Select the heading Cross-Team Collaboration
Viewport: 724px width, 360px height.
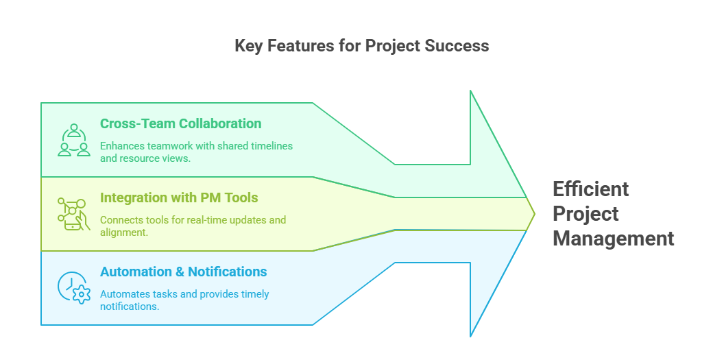(180, 124)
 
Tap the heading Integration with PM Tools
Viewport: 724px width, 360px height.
(179, 198)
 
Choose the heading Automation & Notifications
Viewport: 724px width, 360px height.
(183, 272)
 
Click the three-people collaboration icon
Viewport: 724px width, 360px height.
(74, 140)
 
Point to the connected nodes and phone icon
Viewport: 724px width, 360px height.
(73, 214)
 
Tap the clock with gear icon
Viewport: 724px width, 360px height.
(74, 288)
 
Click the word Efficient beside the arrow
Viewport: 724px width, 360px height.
(581, 189)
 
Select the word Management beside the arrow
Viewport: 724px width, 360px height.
(614, 239)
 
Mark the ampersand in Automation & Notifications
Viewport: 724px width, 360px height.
(178, 272)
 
